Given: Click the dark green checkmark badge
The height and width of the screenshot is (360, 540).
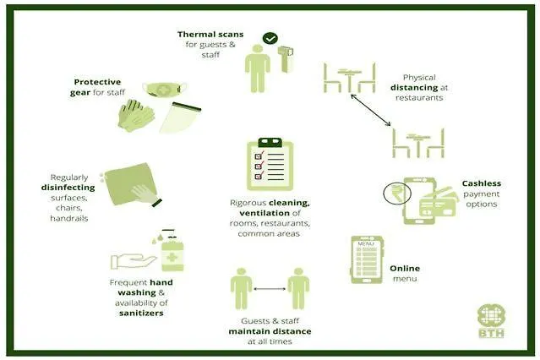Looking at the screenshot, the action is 270,38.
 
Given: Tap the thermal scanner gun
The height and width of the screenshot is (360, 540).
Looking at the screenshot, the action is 286,58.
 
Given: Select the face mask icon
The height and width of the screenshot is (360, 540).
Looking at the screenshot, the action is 165,90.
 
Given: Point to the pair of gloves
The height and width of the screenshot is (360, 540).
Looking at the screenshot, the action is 136,116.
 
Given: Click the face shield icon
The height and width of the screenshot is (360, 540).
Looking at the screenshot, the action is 180,117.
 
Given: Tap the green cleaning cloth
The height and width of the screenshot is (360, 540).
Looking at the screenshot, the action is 129,184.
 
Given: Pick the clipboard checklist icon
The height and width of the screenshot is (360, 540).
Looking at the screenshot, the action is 270,164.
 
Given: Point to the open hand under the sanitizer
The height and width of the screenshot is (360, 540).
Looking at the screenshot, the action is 133,262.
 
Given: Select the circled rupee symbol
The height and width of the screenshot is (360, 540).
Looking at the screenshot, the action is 397,194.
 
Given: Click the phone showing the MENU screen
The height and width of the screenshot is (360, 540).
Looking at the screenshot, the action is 367,259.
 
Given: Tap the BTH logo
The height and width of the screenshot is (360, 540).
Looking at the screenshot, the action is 492,321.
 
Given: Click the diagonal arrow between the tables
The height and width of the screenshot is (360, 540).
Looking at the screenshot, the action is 370,110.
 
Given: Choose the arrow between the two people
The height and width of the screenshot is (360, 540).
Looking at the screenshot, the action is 270,289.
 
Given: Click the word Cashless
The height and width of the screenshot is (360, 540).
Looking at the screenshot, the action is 482,183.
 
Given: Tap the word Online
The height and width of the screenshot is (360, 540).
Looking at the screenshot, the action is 405,269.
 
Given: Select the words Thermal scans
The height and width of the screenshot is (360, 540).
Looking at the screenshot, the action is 210,35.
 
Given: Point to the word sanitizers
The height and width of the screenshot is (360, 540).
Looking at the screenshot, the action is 141,314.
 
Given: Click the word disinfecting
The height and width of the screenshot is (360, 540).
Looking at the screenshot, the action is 68,188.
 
